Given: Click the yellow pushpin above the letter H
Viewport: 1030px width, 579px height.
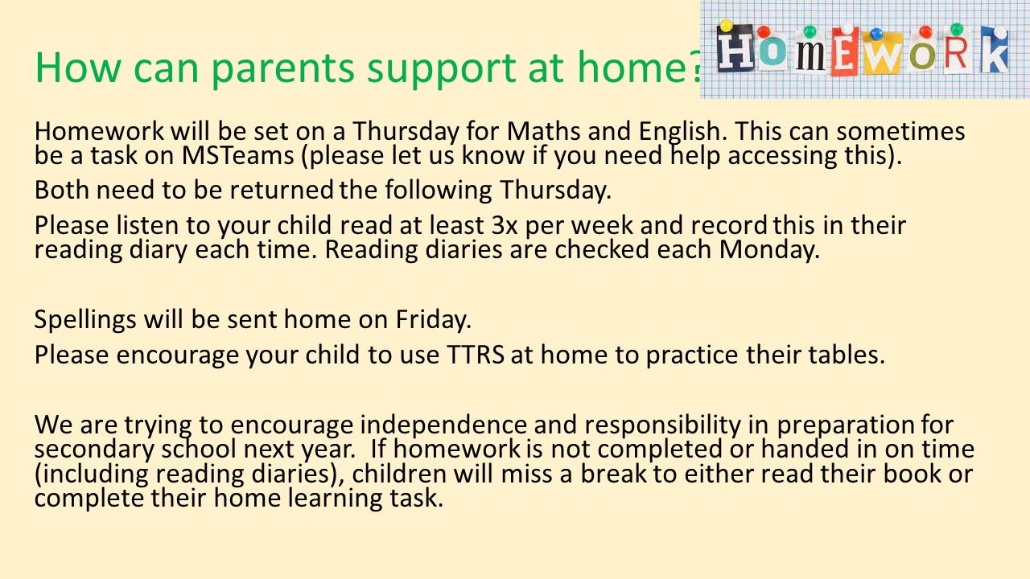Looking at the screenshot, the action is click(x=727, y=26).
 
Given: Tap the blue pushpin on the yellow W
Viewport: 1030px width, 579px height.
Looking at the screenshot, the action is click(x=876, y=34).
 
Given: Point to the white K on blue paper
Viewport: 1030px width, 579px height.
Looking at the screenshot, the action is click(x=995, y=50).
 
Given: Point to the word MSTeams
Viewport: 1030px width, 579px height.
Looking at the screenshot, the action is click(x=237, y=155).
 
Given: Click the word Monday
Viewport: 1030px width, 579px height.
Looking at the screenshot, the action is click(x=769, y=250).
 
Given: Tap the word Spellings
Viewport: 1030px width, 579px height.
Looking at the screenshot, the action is click(x=85, y=320).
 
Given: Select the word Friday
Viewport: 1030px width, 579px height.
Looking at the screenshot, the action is click(x=434, y=320).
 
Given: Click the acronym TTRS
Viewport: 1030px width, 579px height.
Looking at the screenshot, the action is click(x=476, y=355).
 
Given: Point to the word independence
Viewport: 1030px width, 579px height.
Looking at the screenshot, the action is click(x=443, y=425).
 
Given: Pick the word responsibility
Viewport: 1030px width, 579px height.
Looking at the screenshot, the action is click(x=662, y=425).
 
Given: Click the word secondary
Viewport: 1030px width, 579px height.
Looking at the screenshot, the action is click(x=94, y=450).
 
